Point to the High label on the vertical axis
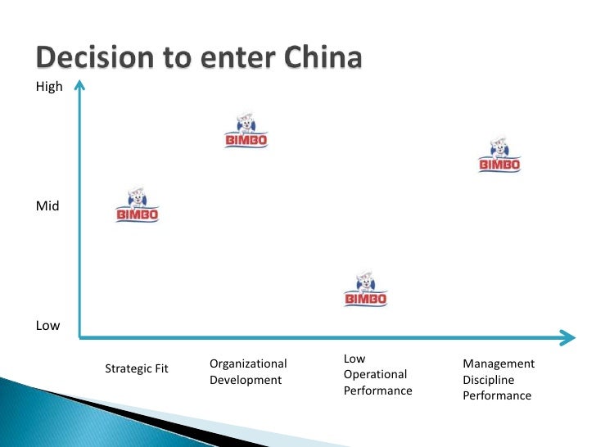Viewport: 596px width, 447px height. click(x=49, y=87)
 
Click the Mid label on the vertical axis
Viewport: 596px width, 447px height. click(x=47, y=206)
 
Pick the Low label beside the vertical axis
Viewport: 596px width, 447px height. click(x=47, y=326)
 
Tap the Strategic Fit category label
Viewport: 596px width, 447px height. click(x=137, y=368)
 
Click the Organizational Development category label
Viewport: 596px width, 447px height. click(x=248, y=372)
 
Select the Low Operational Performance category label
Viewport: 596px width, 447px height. click(x=377, y=375)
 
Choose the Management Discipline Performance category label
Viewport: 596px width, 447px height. click(x=499, y=379)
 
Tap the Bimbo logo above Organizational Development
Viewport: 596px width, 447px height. click(x=246, y=130)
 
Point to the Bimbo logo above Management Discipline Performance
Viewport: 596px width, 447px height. click(x=499, y=154)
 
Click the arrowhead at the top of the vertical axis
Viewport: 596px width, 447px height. click(x=79, y=84)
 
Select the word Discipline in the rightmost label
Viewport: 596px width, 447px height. click(x=488, y=380)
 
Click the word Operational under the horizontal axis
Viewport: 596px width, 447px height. click(x=375, y=375)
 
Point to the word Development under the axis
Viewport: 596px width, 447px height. click(x=246, y=380)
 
